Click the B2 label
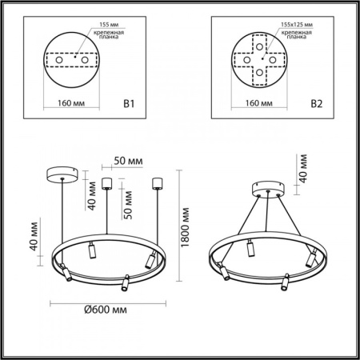[317, 102]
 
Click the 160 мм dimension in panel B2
[254, 102]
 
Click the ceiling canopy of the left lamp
[60, 171]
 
